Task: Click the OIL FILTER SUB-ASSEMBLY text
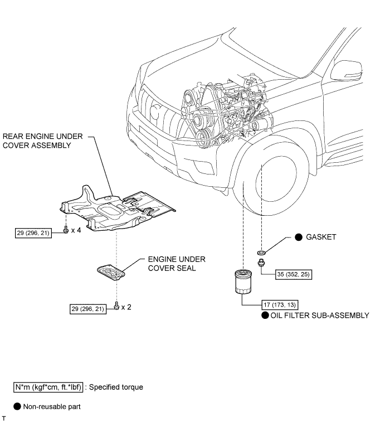click(x=320, y=316)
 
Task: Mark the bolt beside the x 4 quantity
click(x=66, y=230)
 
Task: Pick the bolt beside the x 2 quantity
click(x=116, y=306)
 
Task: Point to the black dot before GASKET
click(x=299, y=237)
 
